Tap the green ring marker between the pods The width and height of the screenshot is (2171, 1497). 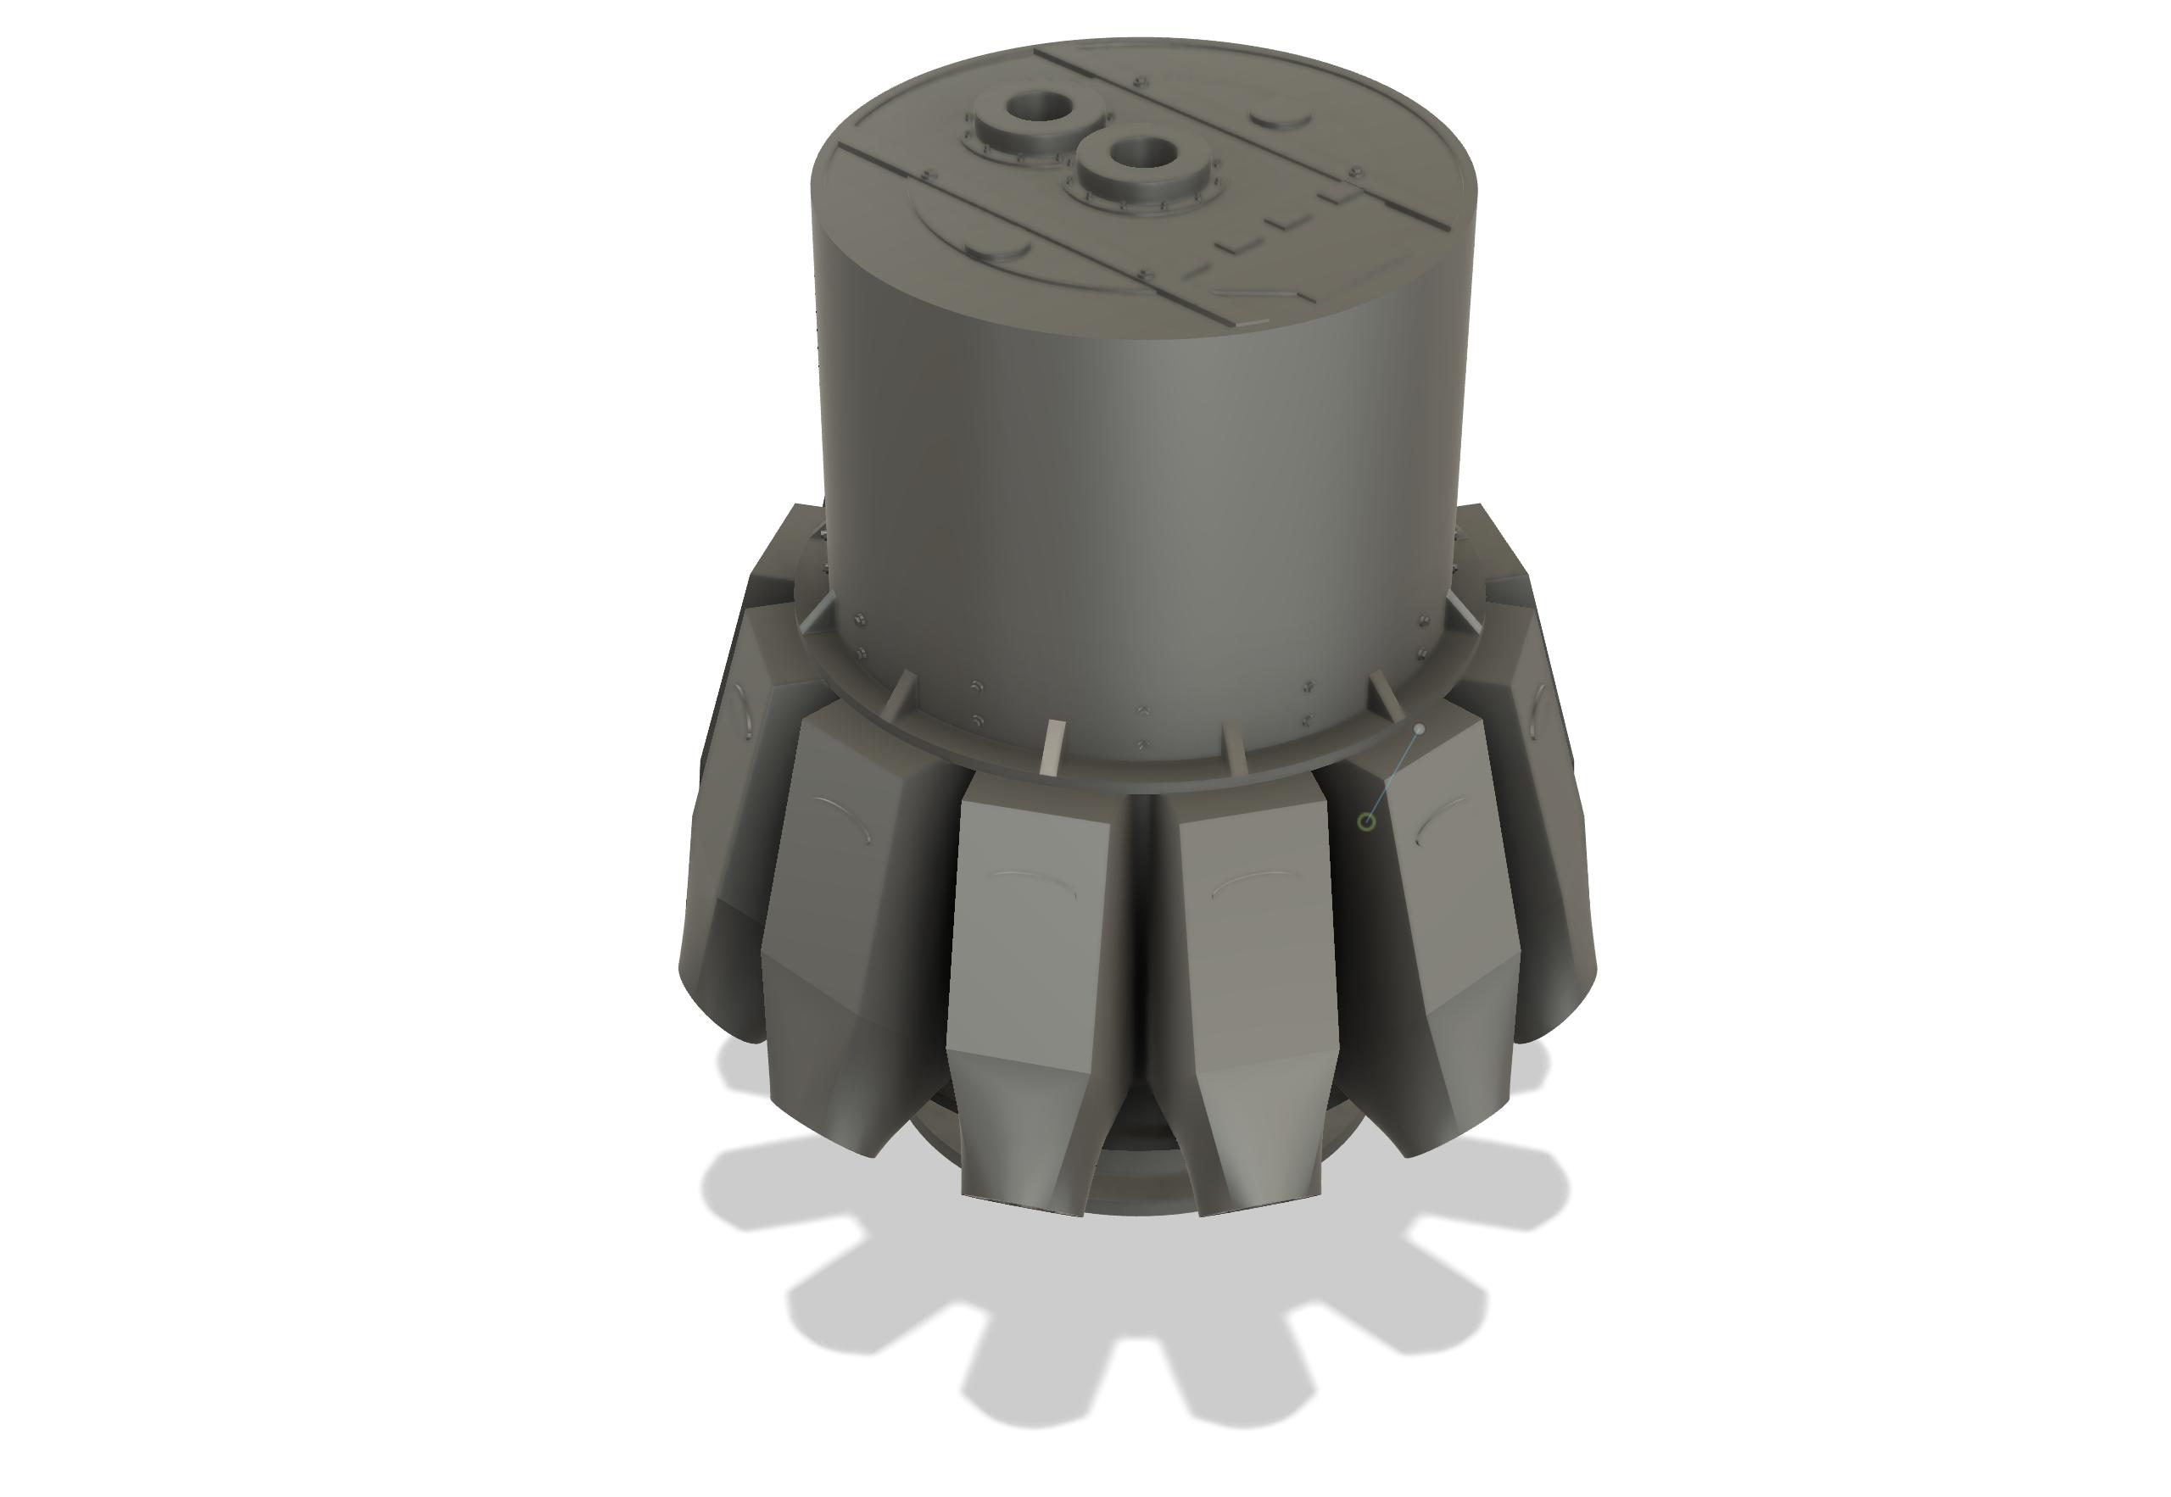pos(1367,821)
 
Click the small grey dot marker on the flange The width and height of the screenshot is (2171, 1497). pos(1420,729)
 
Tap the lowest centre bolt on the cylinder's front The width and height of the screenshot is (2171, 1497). pos(1141,746)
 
